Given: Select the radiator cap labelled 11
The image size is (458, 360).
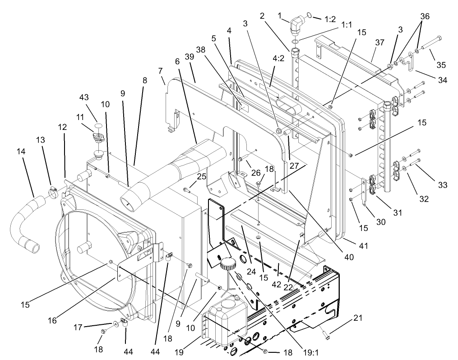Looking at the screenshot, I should coord(97,139).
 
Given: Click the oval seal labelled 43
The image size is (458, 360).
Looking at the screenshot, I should coord(98,125).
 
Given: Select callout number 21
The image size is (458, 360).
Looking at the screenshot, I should coord(358,318).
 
